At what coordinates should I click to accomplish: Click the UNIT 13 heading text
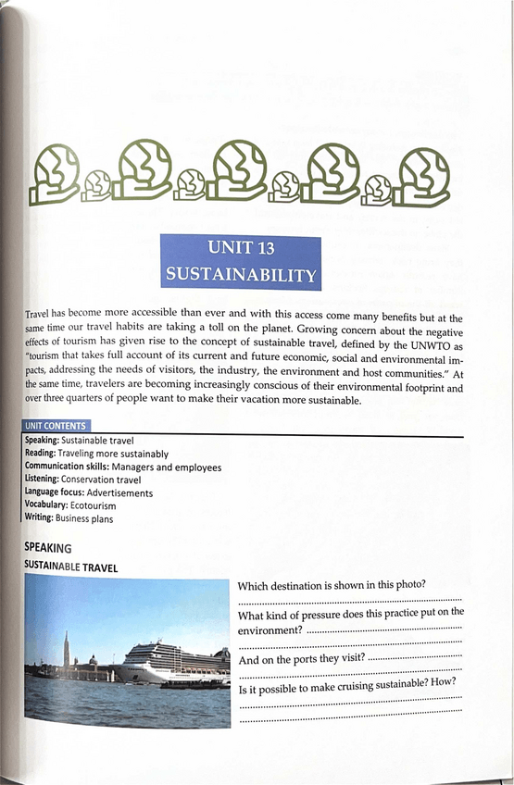pos(240,248)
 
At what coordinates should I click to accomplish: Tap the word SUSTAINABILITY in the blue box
pos(240,275)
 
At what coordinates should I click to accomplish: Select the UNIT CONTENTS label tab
pos(56,425)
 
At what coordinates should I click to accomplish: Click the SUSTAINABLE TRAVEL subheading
pos(70,567)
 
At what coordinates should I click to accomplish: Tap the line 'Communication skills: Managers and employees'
pos(122,467)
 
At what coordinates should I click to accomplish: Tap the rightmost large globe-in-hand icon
pos(424,173)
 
